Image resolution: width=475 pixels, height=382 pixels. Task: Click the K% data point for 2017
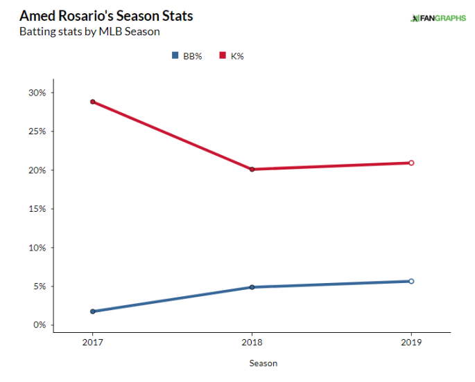[92, 102]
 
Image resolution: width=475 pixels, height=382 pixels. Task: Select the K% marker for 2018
[252, 169]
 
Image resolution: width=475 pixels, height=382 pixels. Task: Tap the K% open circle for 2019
[411, 163]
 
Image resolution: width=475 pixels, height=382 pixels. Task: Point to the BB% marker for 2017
[92, 311]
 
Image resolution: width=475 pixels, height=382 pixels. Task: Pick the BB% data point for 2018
[252, 287]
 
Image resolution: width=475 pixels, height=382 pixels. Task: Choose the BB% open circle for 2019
[411, 281]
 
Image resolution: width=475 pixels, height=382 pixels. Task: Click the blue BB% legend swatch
[175, 55]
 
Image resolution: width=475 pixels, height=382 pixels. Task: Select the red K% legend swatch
[223, 55]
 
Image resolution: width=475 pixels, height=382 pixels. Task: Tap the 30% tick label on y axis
[37, 93]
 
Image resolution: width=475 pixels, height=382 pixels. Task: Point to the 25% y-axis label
[37, 131]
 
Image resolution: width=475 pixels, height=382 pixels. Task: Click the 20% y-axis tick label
[37, 170]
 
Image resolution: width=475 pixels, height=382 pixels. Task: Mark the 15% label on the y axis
[37, 209]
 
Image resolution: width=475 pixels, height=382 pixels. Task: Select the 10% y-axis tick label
[37, 248]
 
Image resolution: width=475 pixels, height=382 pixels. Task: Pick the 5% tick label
[39, 286]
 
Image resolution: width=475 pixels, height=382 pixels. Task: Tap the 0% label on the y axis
[39, 325]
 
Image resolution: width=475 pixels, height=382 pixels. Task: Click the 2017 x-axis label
[92, 343]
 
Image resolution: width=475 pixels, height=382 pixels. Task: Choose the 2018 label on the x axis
[252, 343]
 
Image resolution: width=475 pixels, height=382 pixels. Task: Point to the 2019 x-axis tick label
[411, 343]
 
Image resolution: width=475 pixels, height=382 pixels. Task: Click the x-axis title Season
[263, 363]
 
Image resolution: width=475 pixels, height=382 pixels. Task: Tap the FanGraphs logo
[437, 17]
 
